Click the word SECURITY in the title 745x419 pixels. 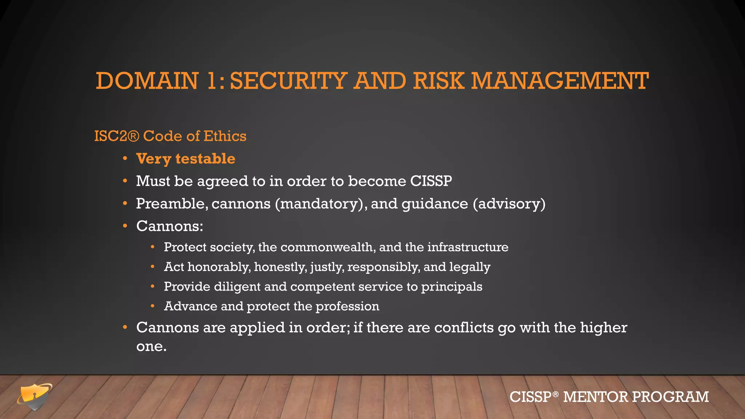click(x=288, y=81)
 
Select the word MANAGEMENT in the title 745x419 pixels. click(x=560, y=81)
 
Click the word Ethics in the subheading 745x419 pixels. click(x=225, y=136)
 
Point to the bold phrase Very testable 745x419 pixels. click(x=186, y=159)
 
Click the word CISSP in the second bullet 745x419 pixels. click(x=431, y=181)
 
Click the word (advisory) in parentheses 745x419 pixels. click(x=509, y=204)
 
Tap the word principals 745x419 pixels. click(x=451, y=287)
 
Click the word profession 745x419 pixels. click(x=347, y=306)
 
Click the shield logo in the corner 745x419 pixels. click(x=35, y=396)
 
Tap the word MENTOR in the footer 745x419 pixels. click(x=595, y=397)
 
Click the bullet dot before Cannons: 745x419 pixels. click(x=125, y=226)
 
